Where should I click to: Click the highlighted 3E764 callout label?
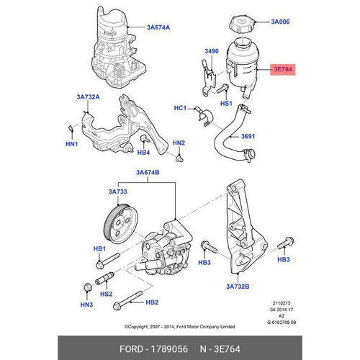(283, 69)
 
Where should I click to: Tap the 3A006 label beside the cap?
(280, 22)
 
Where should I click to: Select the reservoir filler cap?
(242, 25)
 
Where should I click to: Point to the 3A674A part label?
(158, 27)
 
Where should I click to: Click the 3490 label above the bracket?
(212, 51)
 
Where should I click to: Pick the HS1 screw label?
(226, 104)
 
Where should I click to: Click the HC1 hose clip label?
(180, 108)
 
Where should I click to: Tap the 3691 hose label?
(248, 136)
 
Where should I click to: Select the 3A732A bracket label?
(88, 97)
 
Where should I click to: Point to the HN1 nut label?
(71, 144)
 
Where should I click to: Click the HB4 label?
(143, 153)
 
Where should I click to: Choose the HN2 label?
(179, 143)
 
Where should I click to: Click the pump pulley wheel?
(121, 224)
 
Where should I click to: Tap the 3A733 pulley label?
(117, 192)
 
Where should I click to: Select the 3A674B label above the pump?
(148, 172)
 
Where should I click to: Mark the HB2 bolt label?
(152, 302)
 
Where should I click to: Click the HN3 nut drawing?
(88, 287)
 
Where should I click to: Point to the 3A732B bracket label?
(238, 287)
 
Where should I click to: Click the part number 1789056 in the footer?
(169, 348)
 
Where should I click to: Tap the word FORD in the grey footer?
(131, 348)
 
